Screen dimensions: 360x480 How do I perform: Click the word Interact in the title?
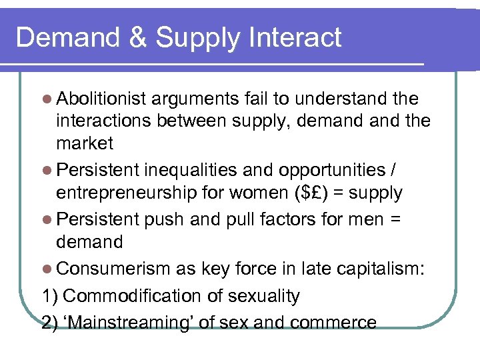[x=295, y=37]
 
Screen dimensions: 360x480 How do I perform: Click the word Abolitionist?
[x=101, y=99]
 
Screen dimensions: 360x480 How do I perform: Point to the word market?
[x=85, y=143]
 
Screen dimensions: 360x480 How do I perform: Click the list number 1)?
[x=50, y=295]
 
